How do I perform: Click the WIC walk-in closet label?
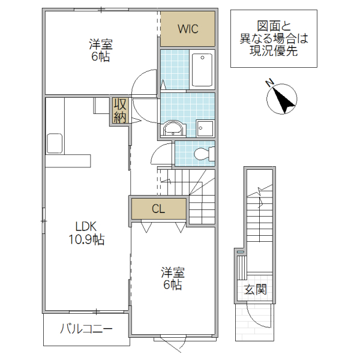(x=187, y=28)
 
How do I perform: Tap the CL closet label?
(x=158, y=209)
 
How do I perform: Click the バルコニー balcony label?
(x=86, y=329)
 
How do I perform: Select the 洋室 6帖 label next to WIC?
(x=101, y=50)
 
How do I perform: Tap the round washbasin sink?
(x=173, y=128)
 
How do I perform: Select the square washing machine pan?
(x=205, y=128)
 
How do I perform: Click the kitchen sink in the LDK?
(x=55, y=143)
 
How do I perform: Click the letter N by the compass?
(x=270, y=82)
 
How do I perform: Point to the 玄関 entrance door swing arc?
(x=252, y=315)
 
